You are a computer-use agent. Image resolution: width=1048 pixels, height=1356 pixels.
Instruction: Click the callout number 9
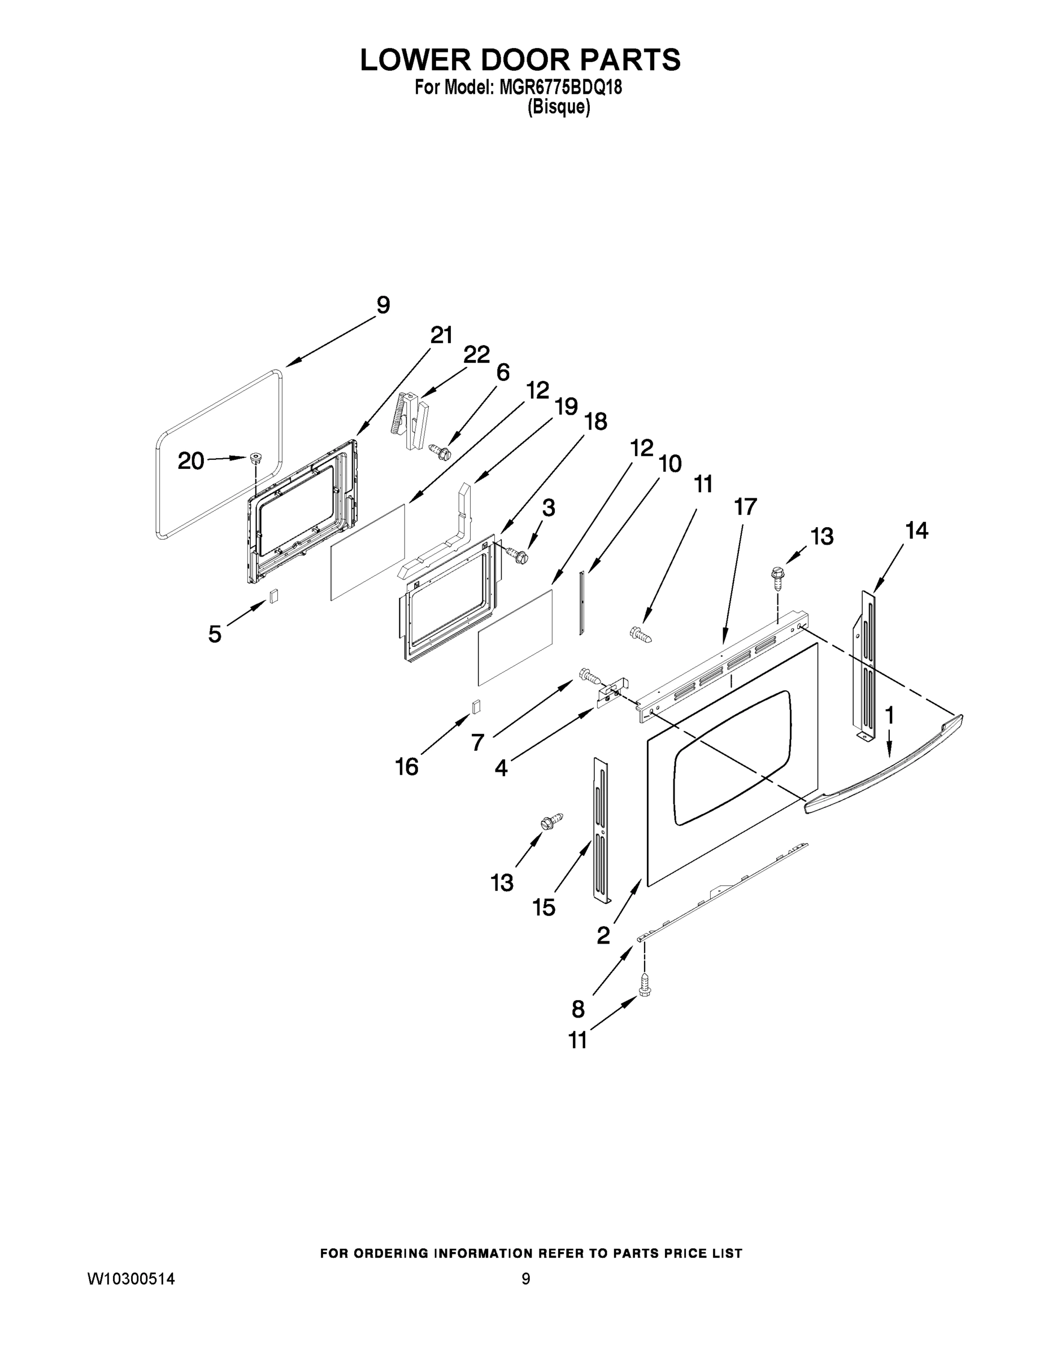[x=383, y=306]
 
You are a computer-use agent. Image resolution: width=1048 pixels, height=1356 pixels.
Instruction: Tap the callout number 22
[x=476, y=355]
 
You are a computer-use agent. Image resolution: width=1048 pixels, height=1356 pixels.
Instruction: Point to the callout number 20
[x=190, y=460]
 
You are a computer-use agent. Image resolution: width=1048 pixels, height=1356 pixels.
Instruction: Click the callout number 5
[x=215, y=634]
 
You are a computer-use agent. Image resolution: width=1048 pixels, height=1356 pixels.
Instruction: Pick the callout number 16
[x=407, y=767]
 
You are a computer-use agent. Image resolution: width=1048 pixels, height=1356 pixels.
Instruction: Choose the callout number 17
[x=745, y=507]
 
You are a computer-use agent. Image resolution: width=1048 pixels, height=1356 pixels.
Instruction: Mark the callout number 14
[x=916, y=531]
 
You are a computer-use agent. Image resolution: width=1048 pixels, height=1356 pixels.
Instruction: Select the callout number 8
[x=578, y=1009]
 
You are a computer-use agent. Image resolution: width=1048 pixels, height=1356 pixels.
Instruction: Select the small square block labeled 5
[x=273, y=596]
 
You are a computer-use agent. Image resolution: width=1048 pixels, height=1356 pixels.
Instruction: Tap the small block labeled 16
[x=477, y=707]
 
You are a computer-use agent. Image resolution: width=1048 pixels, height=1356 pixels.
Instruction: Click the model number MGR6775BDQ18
[x=560, y=88]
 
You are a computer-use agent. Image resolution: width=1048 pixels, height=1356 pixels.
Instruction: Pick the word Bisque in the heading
[x=558, y=107]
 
